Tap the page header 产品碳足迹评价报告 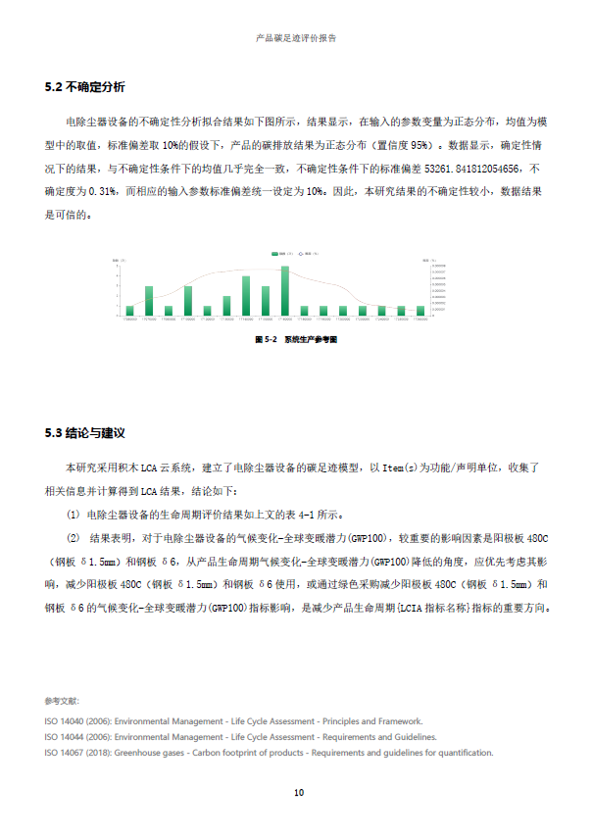click(x=296, y=38)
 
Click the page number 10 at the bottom click(x=298, y=792)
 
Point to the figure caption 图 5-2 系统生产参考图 click(x=296, y=338)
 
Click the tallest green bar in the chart click(x=284, y=290)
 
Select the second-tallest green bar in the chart click(x=246, y=295)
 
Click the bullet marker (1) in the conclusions click(x=73, y=514)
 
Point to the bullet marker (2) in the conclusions click(x=73, y=537)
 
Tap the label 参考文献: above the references click(x=62, y=701)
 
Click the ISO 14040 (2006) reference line click(x=233, y=720)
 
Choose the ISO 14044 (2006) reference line click(x=240, y=736)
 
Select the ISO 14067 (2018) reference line click(x=269, y=753)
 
